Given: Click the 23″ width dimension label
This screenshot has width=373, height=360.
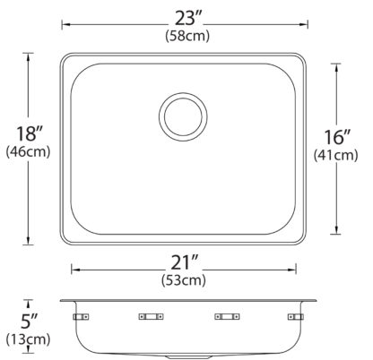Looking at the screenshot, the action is (x=188, y=19).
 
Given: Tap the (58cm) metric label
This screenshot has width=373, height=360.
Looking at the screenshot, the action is (x=187, y=36).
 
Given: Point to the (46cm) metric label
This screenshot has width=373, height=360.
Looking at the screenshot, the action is (x=28, y=152).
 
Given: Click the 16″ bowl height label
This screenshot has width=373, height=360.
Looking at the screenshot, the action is (x=337, y=137).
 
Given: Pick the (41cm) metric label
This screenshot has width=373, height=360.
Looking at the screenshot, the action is (x=335, y=155).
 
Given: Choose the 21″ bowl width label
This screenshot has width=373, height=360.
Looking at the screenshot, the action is (x=184, y=262).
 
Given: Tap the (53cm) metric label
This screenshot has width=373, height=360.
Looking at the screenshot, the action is (x=184, y=280).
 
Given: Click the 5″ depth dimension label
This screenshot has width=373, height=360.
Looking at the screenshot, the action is (x=30, y=321).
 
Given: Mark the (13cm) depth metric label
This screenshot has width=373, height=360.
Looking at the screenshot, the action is (x=28, y=339).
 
